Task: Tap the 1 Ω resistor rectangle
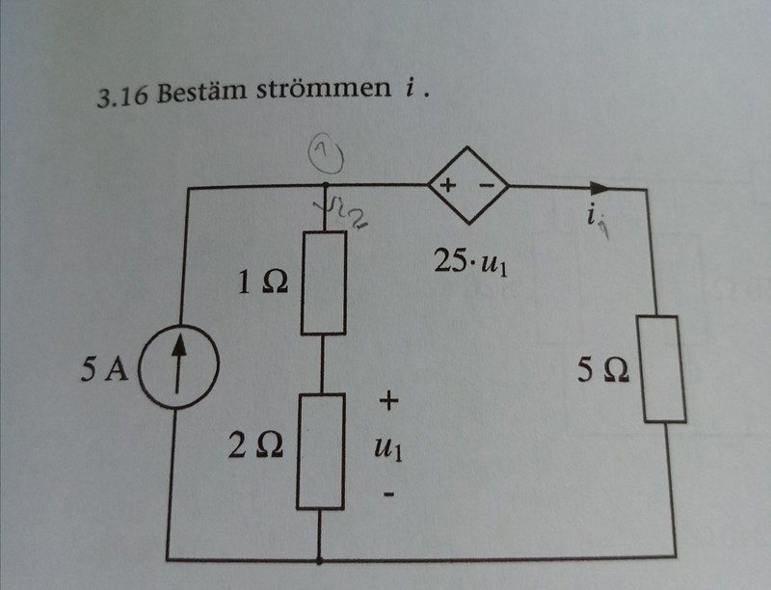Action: coord(324,282)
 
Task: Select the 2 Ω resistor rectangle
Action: coord(321,450)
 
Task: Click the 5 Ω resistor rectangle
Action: coord(663,367)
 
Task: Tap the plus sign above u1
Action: coord(387,398)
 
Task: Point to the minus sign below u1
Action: coord(387,496)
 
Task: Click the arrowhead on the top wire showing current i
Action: coord(601,186)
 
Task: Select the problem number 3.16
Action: coord(123,97)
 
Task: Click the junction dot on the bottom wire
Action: coord(320,558)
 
